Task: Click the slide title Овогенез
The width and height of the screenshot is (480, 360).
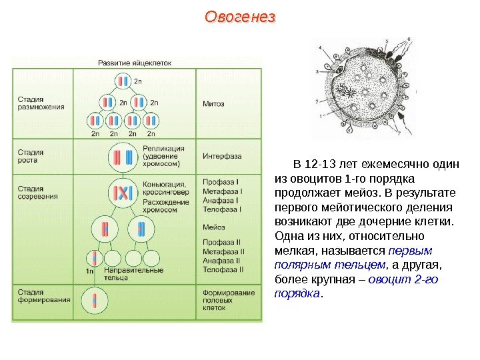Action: pos(239,17)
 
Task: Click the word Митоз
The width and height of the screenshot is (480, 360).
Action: pos(213,104)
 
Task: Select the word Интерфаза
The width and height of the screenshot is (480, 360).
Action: pos(222,156)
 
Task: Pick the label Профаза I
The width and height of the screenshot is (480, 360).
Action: pos(221,181)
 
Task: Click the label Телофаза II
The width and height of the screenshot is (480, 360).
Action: pos(224,269)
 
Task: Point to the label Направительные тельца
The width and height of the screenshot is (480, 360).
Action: pos(133,273)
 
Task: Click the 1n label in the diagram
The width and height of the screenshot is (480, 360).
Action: pos(90,271)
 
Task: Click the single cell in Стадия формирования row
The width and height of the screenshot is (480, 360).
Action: pos(95,300)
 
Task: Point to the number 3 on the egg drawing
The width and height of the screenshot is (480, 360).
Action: pos(316,70)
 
